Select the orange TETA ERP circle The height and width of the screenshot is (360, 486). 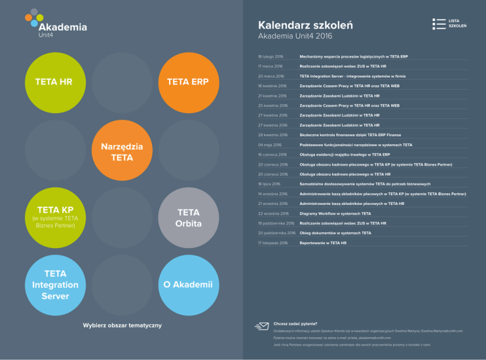[x=188, y=82]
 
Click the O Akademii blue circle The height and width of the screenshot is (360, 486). [x=188, y=285]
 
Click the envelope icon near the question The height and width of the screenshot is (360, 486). [x=261, y=326]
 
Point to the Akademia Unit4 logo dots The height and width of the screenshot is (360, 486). [x=34, y=18]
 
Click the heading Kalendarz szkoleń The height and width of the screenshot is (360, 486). [x=306, y=25]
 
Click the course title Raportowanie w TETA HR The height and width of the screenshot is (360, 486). [x=323, y=242]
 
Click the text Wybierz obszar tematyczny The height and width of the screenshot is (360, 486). [x=122, y=325]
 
